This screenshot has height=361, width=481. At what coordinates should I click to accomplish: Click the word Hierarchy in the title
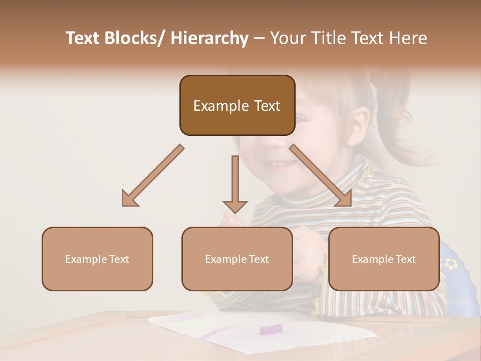tap(209, 38)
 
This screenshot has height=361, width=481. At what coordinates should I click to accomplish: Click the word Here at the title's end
tap(406, 38)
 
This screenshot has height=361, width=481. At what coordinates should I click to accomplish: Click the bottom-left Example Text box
tap(97, 259)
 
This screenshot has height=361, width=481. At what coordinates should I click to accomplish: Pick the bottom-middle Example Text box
tap(237, 259)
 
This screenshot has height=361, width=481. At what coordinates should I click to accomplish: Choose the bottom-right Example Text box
tap(384, 259)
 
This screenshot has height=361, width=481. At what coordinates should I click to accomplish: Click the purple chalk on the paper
tap(271, 329)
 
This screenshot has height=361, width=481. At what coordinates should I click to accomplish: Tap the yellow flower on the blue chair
tap(451, 263)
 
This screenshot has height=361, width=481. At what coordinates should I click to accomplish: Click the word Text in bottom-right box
tap(406, 259)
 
